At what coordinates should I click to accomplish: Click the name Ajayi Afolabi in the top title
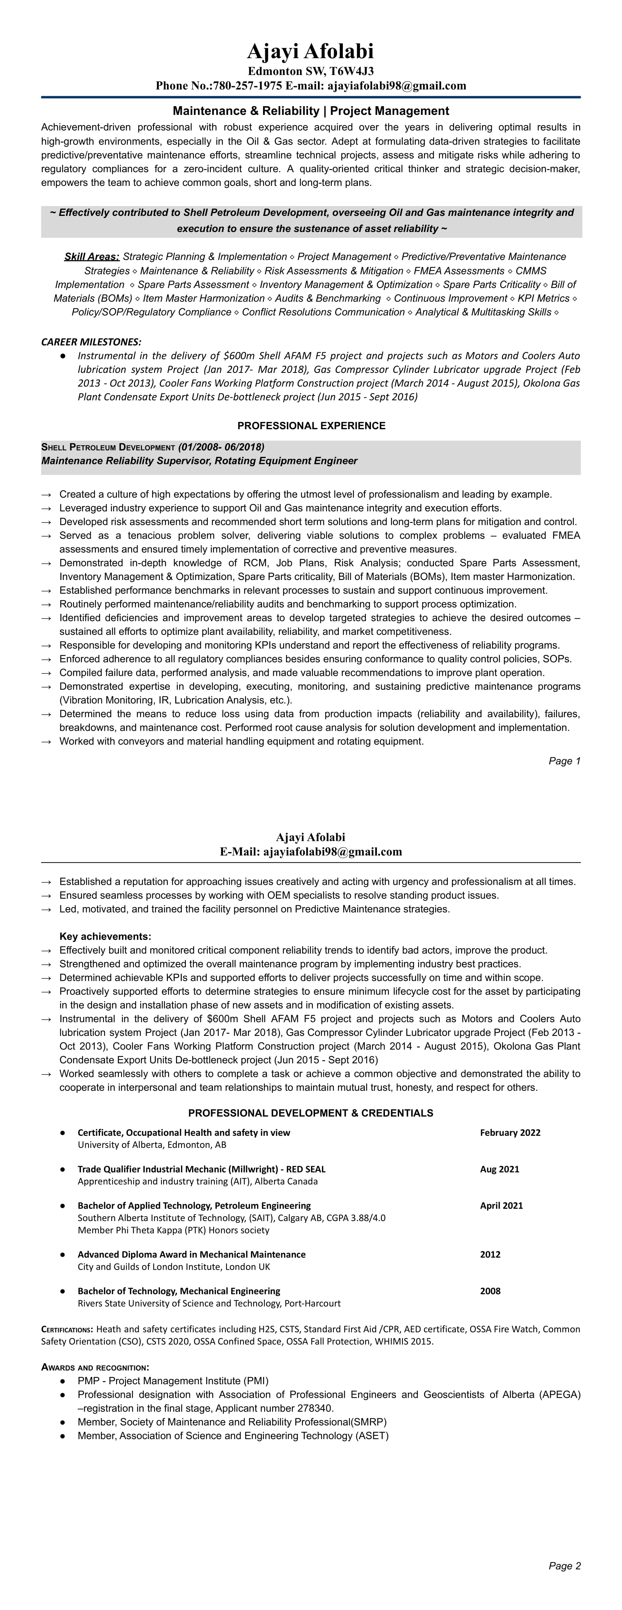311,51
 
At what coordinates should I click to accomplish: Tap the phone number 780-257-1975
248,86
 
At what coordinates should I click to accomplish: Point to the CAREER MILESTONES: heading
91,342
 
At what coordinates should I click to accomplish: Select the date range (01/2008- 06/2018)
221,447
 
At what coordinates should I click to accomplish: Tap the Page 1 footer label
565,761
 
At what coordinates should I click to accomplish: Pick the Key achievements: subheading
105,936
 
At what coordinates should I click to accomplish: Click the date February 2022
510,1132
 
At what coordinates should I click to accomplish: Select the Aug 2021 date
499,1169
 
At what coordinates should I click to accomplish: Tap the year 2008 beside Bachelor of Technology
490,1291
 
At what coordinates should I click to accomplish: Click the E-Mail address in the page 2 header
333,851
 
